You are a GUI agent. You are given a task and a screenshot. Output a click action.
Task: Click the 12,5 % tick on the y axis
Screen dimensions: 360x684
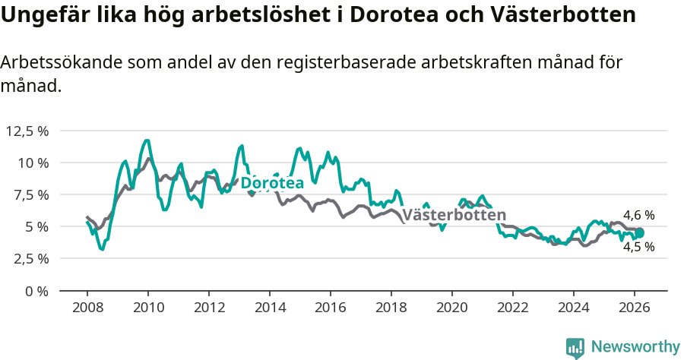(27, 131)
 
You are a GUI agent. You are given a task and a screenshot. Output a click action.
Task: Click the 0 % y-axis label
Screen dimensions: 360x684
(37, 290)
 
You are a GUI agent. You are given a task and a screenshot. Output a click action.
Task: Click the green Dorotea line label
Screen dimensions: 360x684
(272, 183)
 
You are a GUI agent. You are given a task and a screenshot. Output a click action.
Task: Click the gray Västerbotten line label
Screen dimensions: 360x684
(454, 214)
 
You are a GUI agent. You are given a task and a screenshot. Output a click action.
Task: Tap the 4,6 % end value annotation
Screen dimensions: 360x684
(638, 216)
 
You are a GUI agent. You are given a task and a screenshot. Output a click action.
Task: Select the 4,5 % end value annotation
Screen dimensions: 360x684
(638, 247)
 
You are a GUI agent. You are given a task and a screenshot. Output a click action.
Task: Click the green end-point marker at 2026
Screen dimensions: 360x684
(640, 233)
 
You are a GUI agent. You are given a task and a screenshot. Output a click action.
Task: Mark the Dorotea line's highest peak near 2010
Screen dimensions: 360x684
(147, 141)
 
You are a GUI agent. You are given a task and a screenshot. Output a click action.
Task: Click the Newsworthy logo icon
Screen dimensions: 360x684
(575, 347)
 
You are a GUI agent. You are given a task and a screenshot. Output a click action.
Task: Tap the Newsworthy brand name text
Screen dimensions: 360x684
(635, 347)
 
